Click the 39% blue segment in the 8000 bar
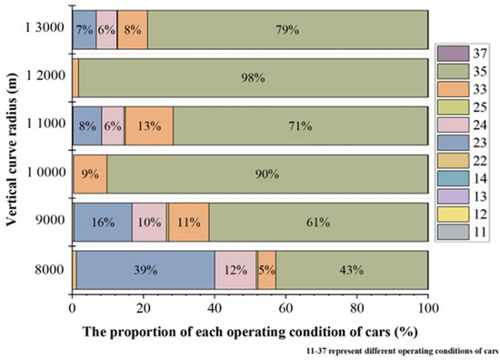click(145, 270)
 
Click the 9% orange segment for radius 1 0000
click(90, 174)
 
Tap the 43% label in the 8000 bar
click(351, 270)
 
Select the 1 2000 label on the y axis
click(42, 77)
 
